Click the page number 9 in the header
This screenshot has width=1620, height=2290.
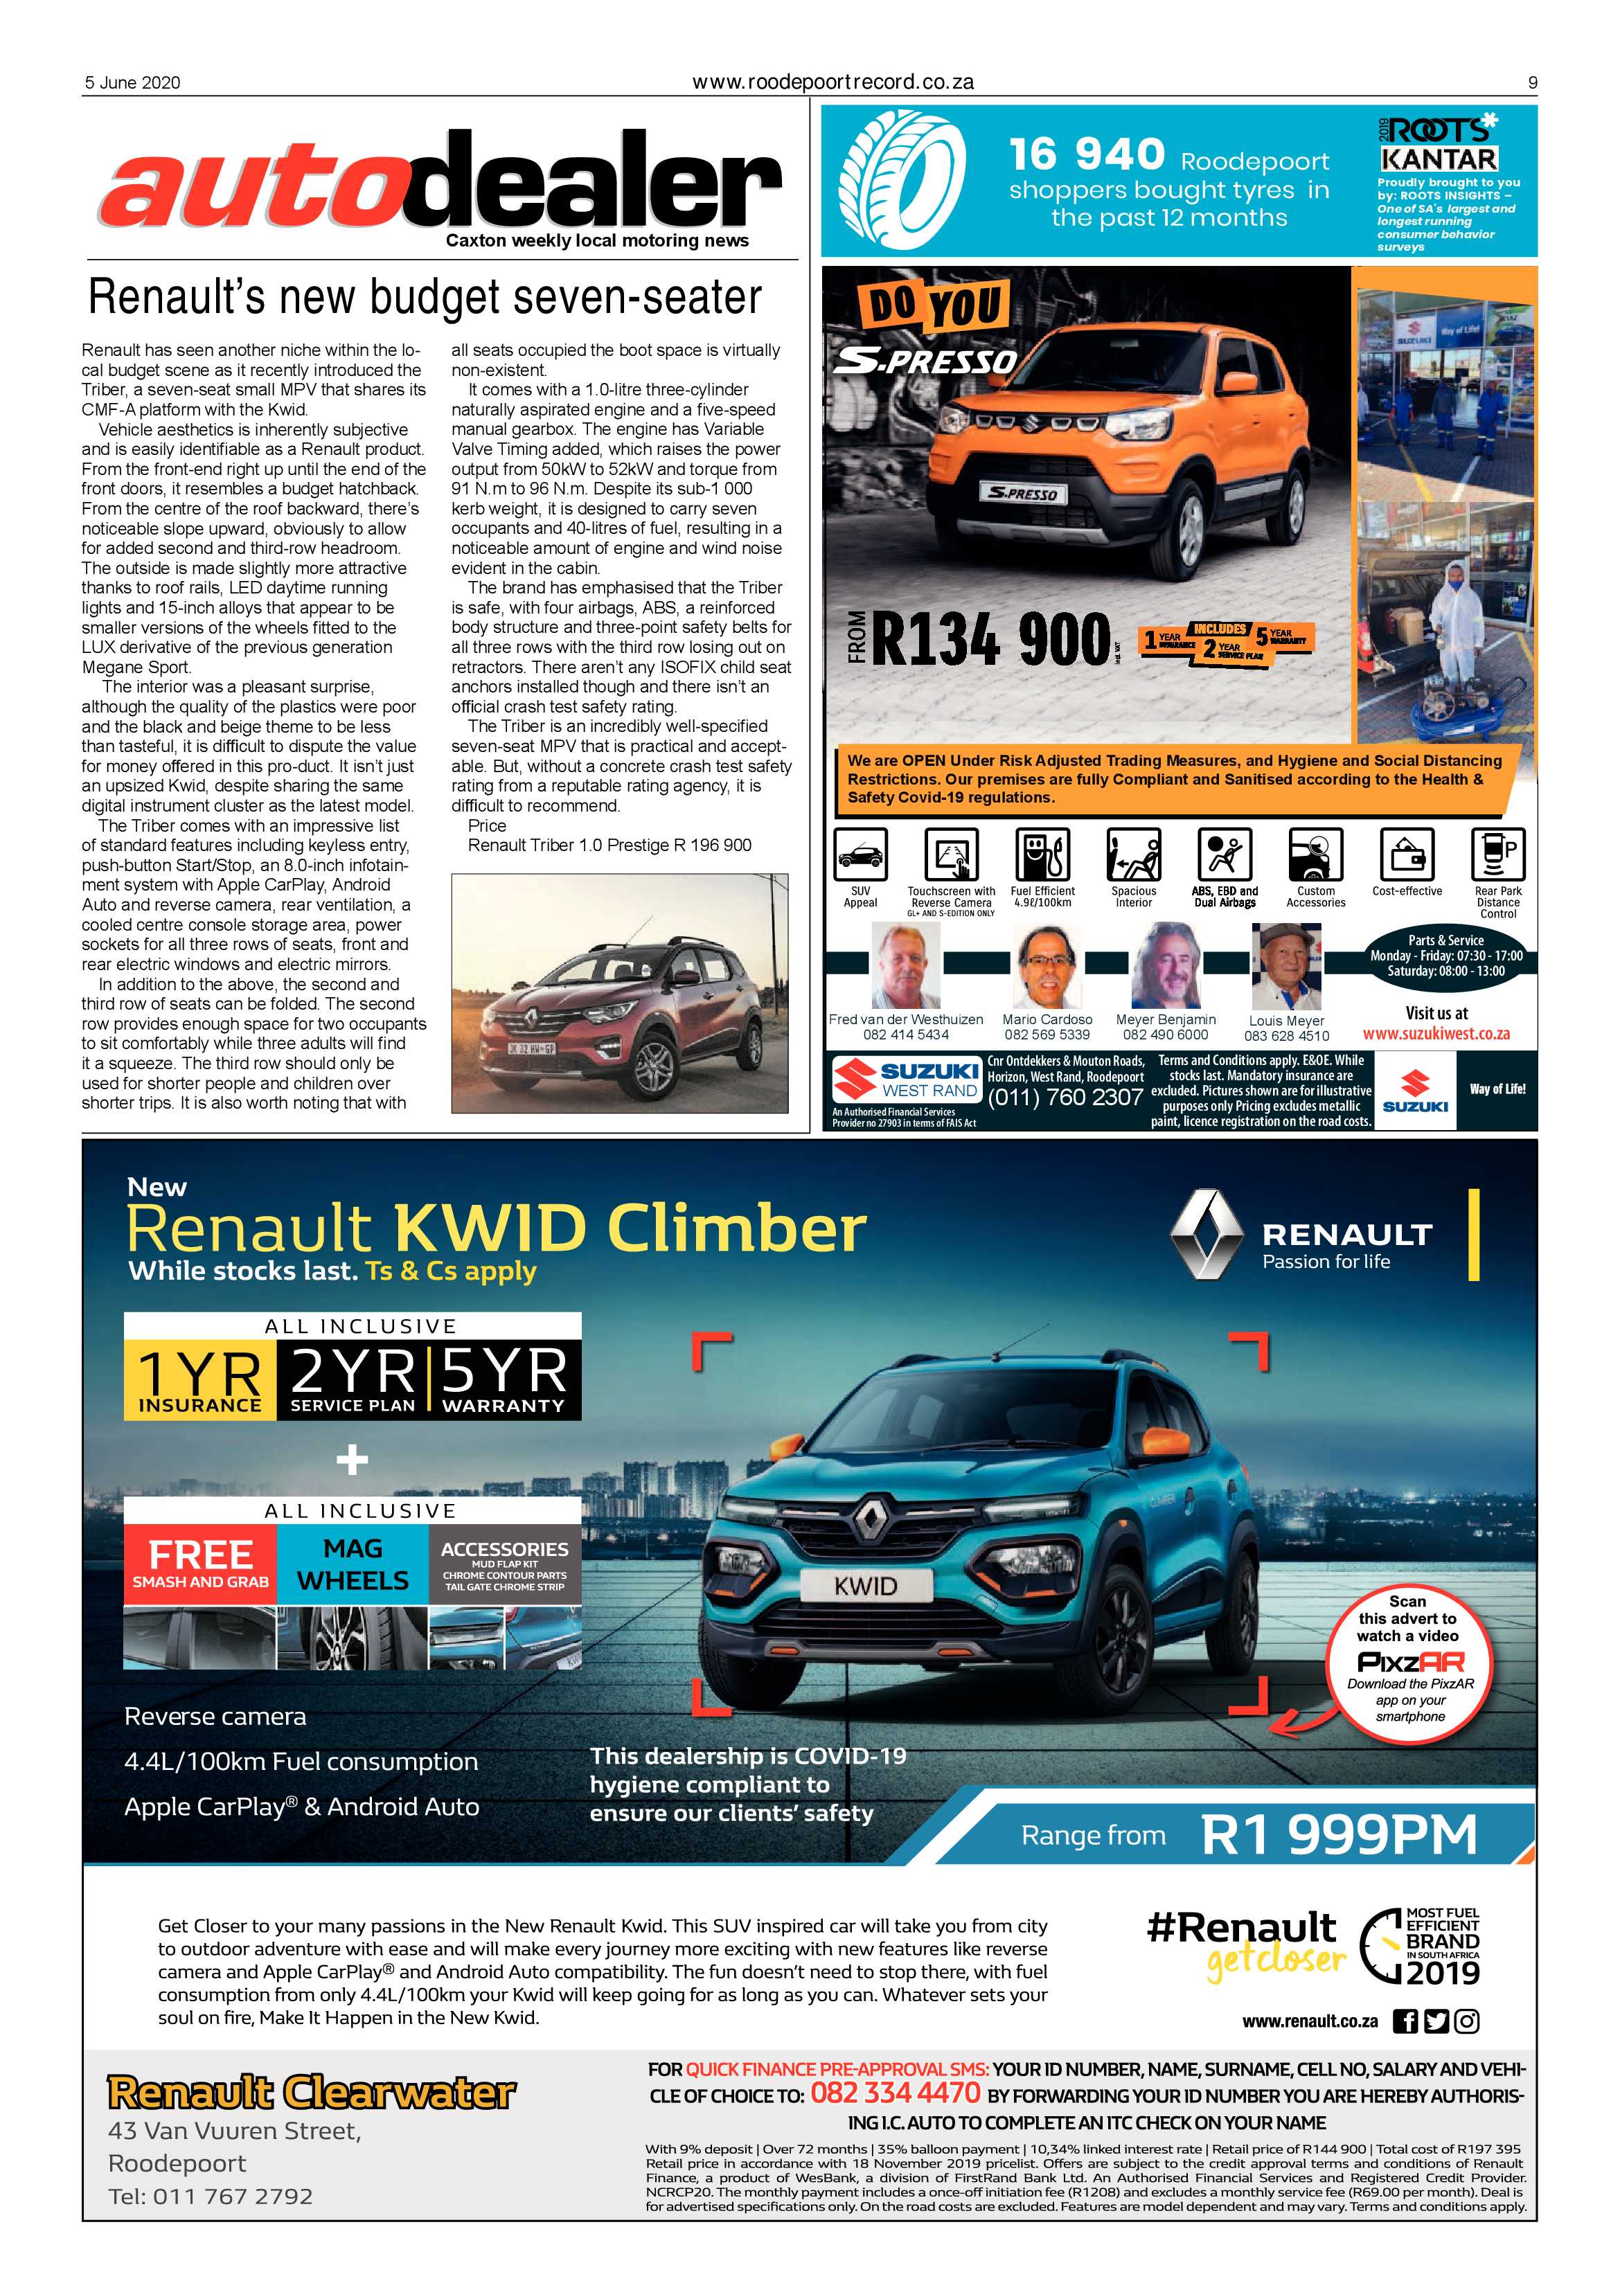(x=1532, y=83)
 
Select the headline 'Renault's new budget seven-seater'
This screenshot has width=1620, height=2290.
(x=425, y=296)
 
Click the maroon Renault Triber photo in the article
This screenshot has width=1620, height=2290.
(x=618, y=994)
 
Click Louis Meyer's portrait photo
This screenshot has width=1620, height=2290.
(x=1286, y=967)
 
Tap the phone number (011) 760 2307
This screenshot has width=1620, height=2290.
(x=1065, y=1098)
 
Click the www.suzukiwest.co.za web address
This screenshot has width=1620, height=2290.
(x=1436, y=1035)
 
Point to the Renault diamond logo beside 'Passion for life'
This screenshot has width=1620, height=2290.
(x=1207, y=1235)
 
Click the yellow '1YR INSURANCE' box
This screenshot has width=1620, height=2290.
(x=199, y=1379)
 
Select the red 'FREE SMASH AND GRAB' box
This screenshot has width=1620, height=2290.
(x=199, y=1564)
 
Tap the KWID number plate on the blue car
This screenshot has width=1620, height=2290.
(x=865, y=1586)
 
